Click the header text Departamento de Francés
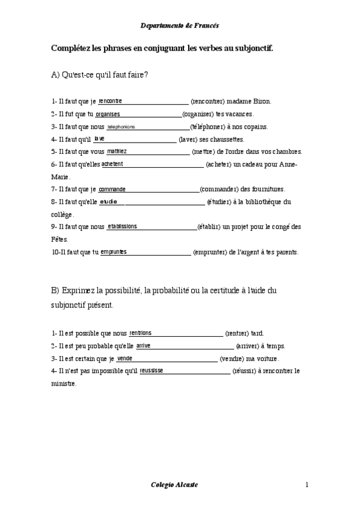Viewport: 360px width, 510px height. pos(180,26)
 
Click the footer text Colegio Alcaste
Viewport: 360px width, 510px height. pos(173,485)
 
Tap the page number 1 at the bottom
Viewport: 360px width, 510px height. pos(307,485)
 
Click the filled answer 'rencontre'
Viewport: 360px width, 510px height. pos(110,101)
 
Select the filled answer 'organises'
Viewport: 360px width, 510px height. pos(108,114)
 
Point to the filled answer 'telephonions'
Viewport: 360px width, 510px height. pos(121,126)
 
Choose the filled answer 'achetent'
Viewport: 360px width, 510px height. pos(112,164)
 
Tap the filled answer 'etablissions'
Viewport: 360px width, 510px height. pos(122,226)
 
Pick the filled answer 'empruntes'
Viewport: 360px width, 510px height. pos(114,251)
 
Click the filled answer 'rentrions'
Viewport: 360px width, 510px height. pos(140,333)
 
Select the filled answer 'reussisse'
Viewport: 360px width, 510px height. pos(151,370)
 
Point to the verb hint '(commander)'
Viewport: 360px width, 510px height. pos(219,189)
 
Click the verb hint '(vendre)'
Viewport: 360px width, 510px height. pos(231,359)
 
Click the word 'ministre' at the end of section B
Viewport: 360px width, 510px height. pos(64,383)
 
